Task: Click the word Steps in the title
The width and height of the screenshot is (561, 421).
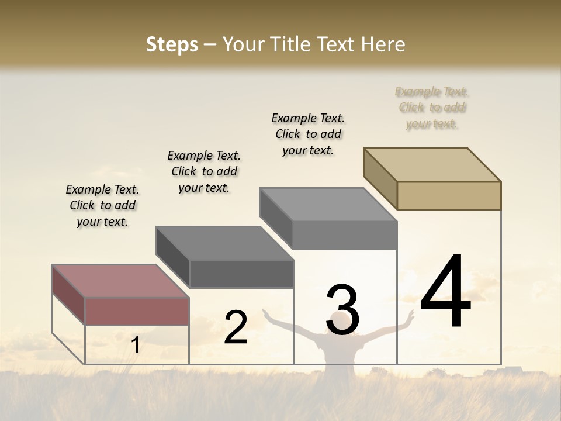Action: coord(171,44)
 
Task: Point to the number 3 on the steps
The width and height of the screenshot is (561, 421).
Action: coord(342,310)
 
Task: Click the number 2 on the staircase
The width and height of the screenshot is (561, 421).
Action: coord(236,327)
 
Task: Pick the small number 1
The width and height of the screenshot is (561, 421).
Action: coord(136,346)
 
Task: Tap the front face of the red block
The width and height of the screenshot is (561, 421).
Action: coord(137,310)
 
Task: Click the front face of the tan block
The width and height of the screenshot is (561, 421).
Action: coord(449,195)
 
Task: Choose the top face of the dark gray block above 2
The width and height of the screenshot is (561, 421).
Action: coord(224,243)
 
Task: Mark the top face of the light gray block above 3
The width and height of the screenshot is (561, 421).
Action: coord(327,204)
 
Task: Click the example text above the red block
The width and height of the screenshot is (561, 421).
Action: coord(102,205)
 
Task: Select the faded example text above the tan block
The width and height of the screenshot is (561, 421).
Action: coord(432,108)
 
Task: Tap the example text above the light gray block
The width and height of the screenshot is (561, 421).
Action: coord(308,134)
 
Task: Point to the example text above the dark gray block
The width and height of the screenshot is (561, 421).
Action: coord(204,171)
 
